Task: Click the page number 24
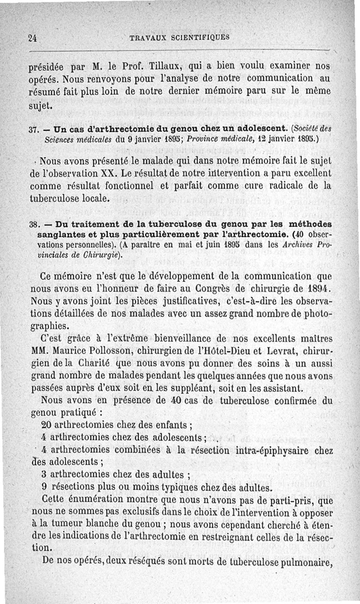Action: pos(32,38)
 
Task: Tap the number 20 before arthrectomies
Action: pos(46,424)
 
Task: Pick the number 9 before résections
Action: pos(44,487)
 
